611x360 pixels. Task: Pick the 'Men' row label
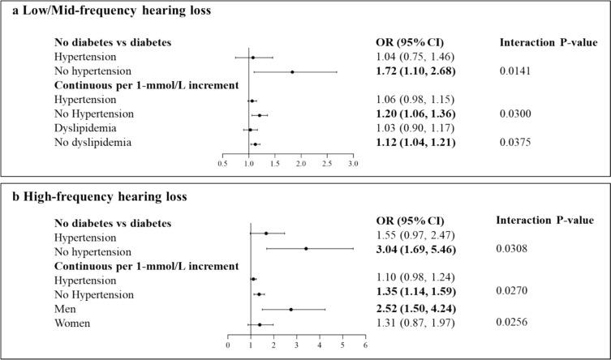64,309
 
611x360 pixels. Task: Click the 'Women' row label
71,324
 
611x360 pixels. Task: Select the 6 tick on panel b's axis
365,345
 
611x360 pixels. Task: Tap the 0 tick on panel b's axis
228,345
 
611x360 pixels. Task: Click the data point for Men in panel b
290,309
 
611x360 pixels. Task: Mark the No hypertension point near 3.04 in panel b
305,249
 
